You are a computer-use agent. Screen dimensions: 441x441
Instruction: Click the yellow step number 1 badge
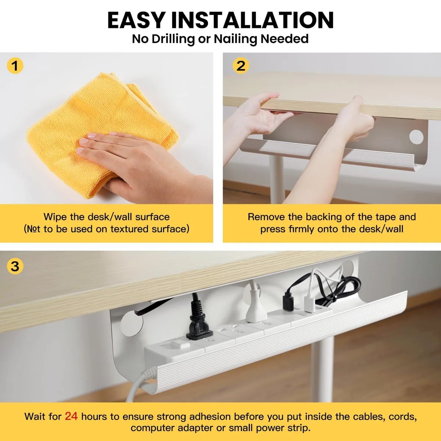pyautogui.click(x=15, y=66)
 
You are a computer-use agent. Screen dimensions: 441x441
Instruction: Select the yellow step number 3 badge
pyautogui.click(x=15, y=266)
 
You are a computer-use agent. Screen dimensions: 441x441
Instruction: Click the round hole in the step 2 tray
pyautogui.click(x=416, y=137)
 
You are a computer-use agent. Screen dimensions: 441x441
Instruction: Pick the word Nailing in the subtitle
pyautogui.click(x=236, y=39)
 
